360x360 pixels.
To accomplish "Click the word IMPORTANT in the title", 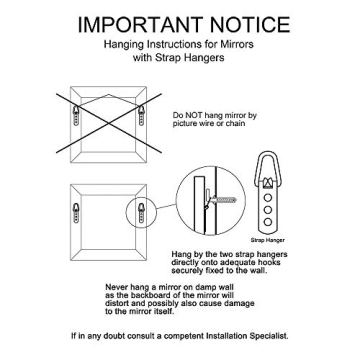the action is click(x=140, y=25).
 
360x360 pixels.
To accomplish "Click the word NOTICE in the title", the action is click(x=250, y=25).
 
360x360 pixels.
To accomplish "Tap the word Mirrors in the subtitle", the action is click(x=236, y=44).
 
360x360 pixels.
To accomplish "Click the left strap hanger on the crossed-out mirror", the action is click(x=76, y=115).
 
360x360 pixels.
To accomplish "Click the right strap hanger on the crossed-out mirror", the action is click(x=141, y=115).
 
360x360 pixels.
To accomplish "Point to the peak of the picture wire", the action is click(x=109, y=95).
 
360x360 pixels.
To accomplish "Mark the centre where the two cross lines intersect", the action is click(x=109, y=123).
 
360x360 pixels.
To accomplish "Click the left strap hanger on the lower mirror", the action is click(x=76, y=213).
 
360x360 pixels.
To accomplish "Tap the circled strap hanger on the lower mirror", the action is click(x=141, y=213).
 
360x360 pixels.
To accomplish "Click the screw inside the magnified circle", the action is click(x=224, y=200).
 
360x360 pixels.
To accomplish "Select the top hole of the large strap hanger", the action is click(x=268, y=198).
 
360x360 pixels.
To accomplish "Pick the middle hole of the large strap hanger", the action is click(x=268, y=210).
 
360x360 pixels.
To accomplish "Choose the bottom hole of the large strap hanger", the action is click(x=268, y=222).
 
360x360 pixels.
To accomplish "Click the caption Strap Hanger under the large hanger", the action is click(x=268, y=240).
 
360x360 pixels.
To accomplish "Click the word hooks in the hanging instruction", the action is click(x=268, y=262).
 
